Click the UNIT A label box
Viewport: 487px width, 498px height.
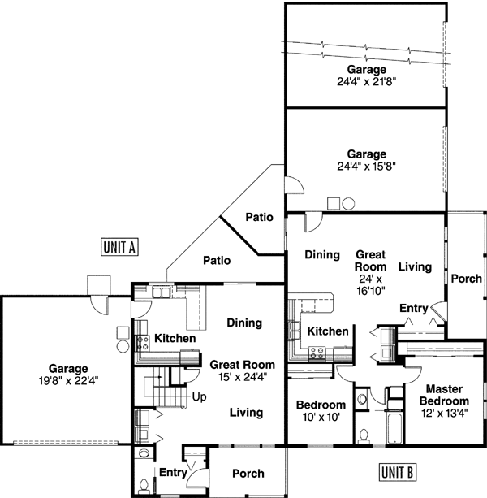[119, 247]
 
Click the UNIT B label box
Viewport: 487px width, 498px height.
[397, 471]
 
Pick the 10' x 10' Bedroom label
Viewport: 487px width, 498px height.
[320, 410]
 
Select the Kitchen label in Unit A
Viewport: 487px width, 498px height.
[175, 338]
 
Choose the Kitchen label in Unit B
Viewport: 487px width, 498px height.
[327, 331]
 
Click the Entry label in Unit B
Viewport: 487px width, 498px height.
[413, 308]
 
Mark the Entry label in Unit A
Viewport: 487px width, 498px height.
[172, 472]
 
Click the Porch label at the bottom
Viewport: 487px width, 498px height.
[248, 474]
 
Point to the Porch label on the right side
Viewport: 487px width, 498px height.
[466, 279]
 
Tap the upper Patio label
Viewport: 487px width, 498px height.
[259, 217]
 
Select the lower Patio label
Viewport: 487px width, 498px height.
[217, 261]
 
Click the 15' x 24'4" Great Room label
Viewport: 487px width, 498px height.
[242, 370]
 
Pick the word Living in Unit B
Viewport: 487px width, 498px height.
[415, 266]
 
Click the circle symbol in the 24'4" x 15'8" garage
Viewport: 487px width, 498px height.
[347, 203]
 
